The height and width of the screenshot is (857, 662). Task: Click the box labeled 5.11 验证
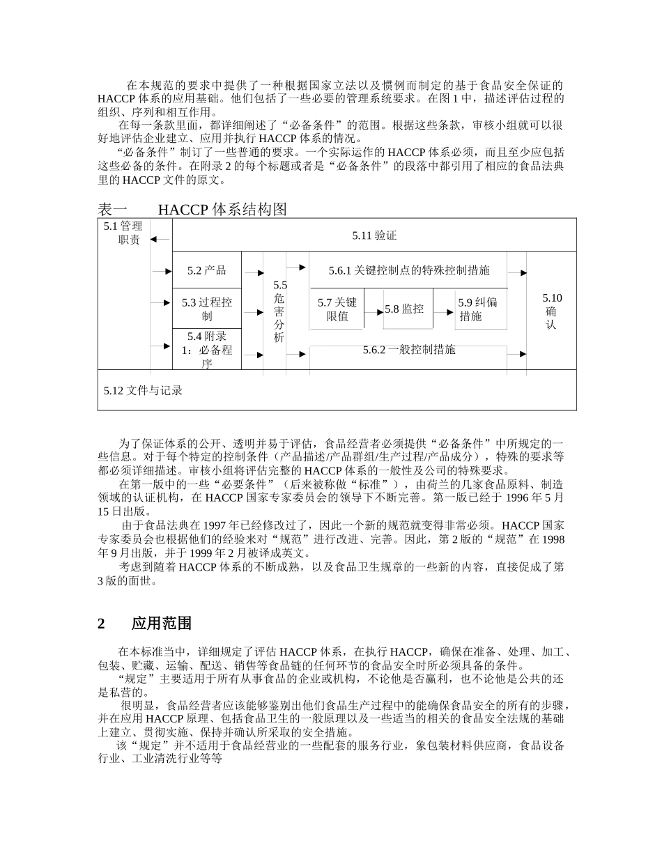coord(374,236)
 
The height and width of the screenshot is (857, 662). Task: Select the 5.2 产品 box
coord(206,271)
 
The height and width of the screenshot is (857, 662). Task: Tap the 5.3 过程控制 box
coord(206,309)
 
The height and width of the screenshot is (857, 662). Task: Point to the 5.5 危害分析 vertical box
coord(279,311)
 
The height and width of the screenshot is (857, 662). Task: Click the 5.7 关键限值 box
coord(337,309)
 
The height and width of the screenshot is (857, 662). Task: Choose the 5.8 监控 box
coord(404,309)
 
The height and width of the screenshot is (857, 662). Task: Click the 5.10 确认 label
coord(551,311)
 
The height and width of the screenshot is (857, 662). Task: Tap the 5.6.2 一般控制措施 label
coord(408,350)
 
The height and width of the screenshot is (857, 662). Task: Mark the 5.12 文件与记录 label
coord(144,391)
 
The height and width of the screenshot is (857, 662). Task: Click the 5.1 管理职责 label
coord(123,233)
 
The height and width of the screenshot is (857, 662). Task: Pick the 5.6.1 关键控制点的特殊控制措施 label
coord(408,270)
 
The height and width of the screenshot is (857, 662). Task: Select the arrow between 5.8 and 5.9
coord(444,312)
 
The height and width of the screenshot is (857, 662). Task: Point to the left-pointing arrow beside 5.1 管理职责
coord(160,239)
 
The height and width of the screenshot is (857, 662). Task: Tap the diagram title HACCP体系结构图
coord(222,209)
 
